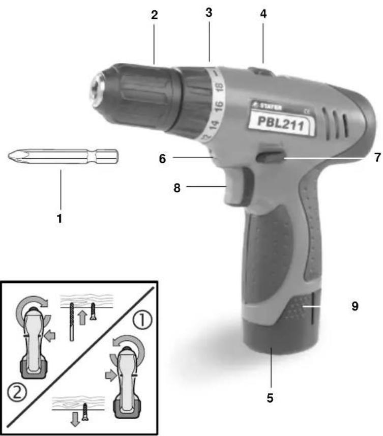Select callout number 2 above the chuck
click(x=155, y=15)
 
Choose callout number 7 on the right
click(x=377, y=158)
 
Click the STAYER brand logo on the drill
click(x=267, y=107)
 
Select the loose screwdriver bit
click(x=64, y=156)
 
